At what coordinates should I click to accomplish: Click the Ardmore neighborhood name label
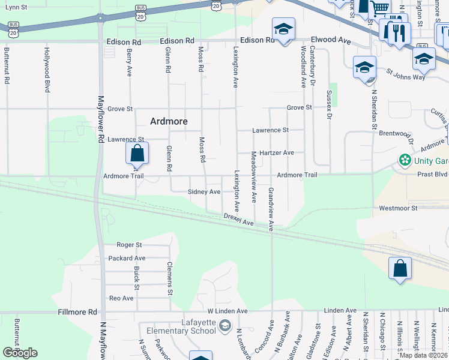(x=168, y=121)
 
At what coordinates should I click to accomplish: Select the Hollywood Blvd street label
(x=47, y=70)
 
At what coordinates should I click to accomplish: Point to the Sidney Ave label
(x=204, y=192)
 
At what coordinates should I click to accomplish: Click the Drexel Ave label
(x=238, y=219)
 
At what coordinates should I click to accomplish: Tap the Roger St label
(x=129, y=245)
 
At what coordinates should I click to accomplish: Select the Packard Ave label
(x=127, y=259)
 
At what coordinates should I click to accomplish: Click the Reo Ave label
(x=121, y=298)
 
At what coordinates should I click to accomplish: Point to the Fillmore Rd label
(x=77, y=312)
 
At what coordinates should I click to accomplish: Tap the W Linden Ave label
(x=228, y=311)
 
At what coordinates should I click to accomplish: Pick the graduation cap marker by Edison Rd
(x=283, y=29)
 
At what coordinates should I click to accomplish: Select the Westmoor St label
(x=397, y=208)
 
